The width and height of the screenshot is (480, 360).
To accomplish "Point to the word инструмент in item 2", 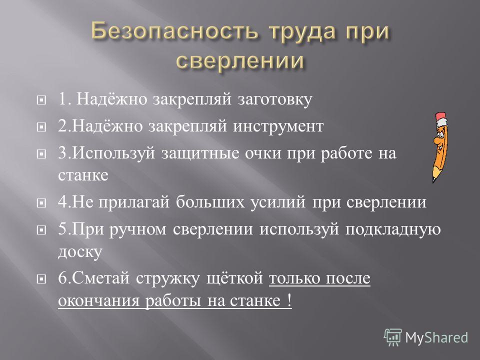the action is (x=278, y=126).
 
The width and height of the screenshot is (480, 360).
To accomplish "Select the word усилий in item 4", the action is (x=278, y=202).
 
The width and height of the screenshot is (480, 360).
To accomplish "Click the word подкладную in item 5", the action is (x=393, y=229).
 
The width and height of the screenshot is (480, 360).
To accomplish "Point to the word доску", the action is (x=80, y=252).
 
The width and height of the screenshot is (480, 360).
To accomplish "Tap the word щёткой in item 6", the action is (x=234, y=278).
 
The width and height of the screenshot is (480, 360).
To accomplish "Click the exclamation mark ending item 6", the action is (x=289, y=300).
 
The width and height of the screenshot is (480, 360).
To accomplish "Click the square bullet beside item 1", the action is (x=41, y=100).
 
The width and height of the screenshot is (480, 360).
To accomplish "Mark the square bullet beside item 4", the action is (x=41, y=202).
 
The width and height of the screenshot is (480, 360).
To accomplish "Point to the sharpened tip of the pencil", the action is (x=433, y=182).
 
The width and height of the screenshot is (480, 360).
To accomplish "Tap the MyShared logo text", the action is (x=436, y=337).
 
